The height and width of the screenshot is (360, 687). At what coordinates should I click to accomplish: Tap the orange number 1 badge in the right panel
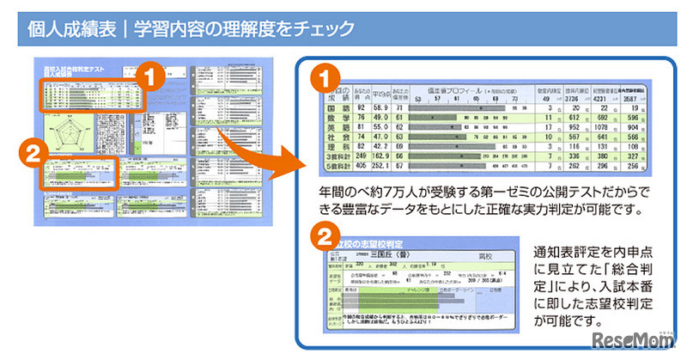tap(324, 78)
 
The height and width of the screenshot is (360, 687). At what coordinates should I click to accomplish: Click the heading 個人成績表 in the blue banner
tap(72, 29)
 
